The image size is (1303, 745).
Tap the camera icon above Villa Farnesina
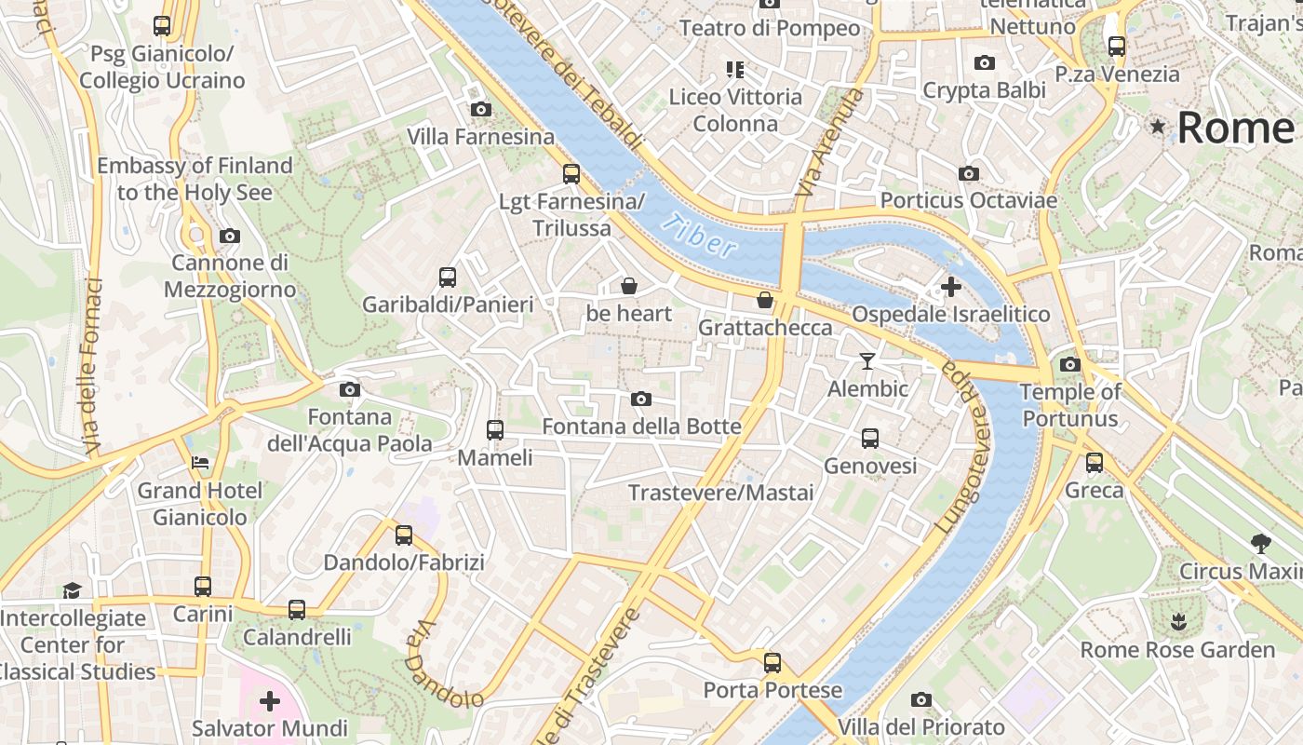[481, 110]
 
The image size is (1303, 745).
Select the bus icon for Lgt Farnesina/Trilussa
[571, 174]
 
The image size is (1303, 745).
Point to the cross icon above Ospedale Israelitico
[950, 287]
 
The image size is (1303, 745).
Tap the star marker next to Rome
[1158, 126]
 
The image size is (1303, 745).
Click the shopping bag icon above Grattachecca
[764, 300]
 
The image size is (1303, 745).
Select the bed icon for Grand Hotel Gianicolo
[200, 463]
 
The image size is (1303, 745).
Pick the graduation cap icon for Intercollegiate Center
[73, 590]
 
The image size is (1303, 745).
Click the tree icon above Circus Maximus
[1261, 543]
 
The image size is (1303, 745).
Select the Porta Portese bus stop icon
[772, 663]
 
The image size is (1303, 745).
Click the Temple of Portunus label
[1070, 405]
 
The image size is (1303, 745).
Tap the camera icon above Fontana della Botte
[641, 400]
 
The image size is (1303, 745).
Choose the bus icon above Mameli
[495, 430]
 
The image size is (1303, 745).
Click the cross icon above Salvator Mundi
[270, 700]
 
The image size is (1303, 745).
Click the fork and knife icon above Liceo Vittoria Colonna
[735, 70]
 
